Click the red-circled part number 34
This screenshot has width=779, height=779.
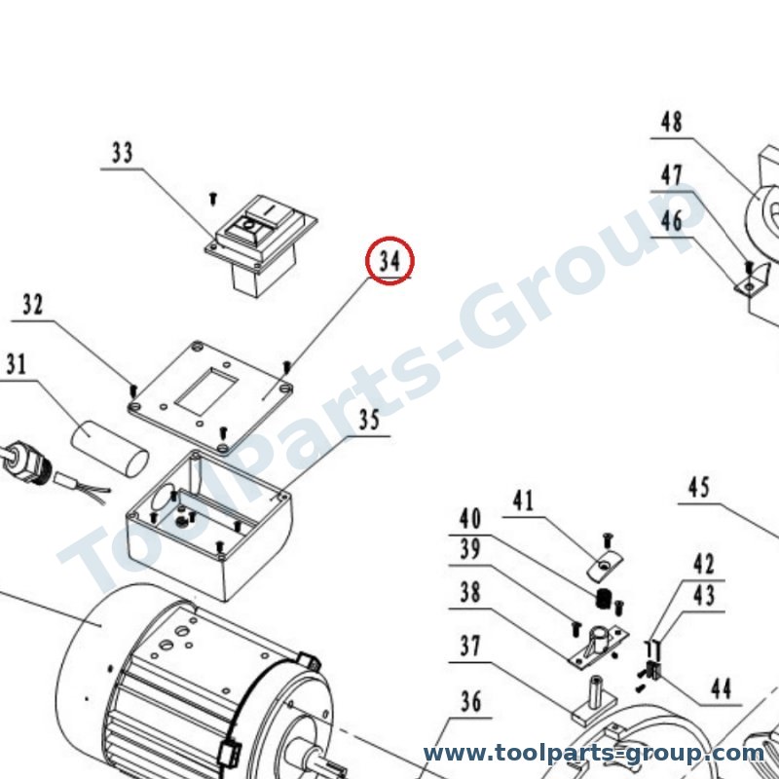[x=389, y=260]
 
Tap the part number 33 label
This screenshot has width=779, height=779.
[x=123, y=153]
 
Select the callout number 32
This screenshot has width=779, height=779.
[x=33, y=305]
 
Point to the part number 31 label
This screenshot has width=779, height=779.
[x=16, y=364]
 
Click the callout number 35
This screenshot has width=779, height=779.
[x=370, y=420]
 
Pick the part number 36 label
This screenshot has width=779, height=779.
[x=470, y=701]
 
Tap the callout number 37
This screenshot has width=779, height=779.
[x=470, y=646]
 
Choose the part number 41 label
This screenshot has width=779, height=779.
[x=523, y=501]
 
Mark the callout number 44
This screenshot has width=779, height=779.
[x=722, y=688]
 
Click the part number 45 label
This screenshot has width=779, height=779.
[x=699, y=488]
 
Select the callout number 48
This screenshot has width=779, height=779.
[x=672, y=122]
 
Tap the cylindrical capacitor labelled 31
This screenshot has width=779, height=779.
[x=110, y=449]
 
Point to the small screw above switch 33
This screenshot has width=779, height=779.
[x=213, y=199]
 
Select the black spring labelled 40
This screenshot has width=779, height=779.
[x=602, y=599]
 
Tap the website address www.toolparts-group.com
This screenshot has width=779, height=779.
[x=594, y=754]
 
